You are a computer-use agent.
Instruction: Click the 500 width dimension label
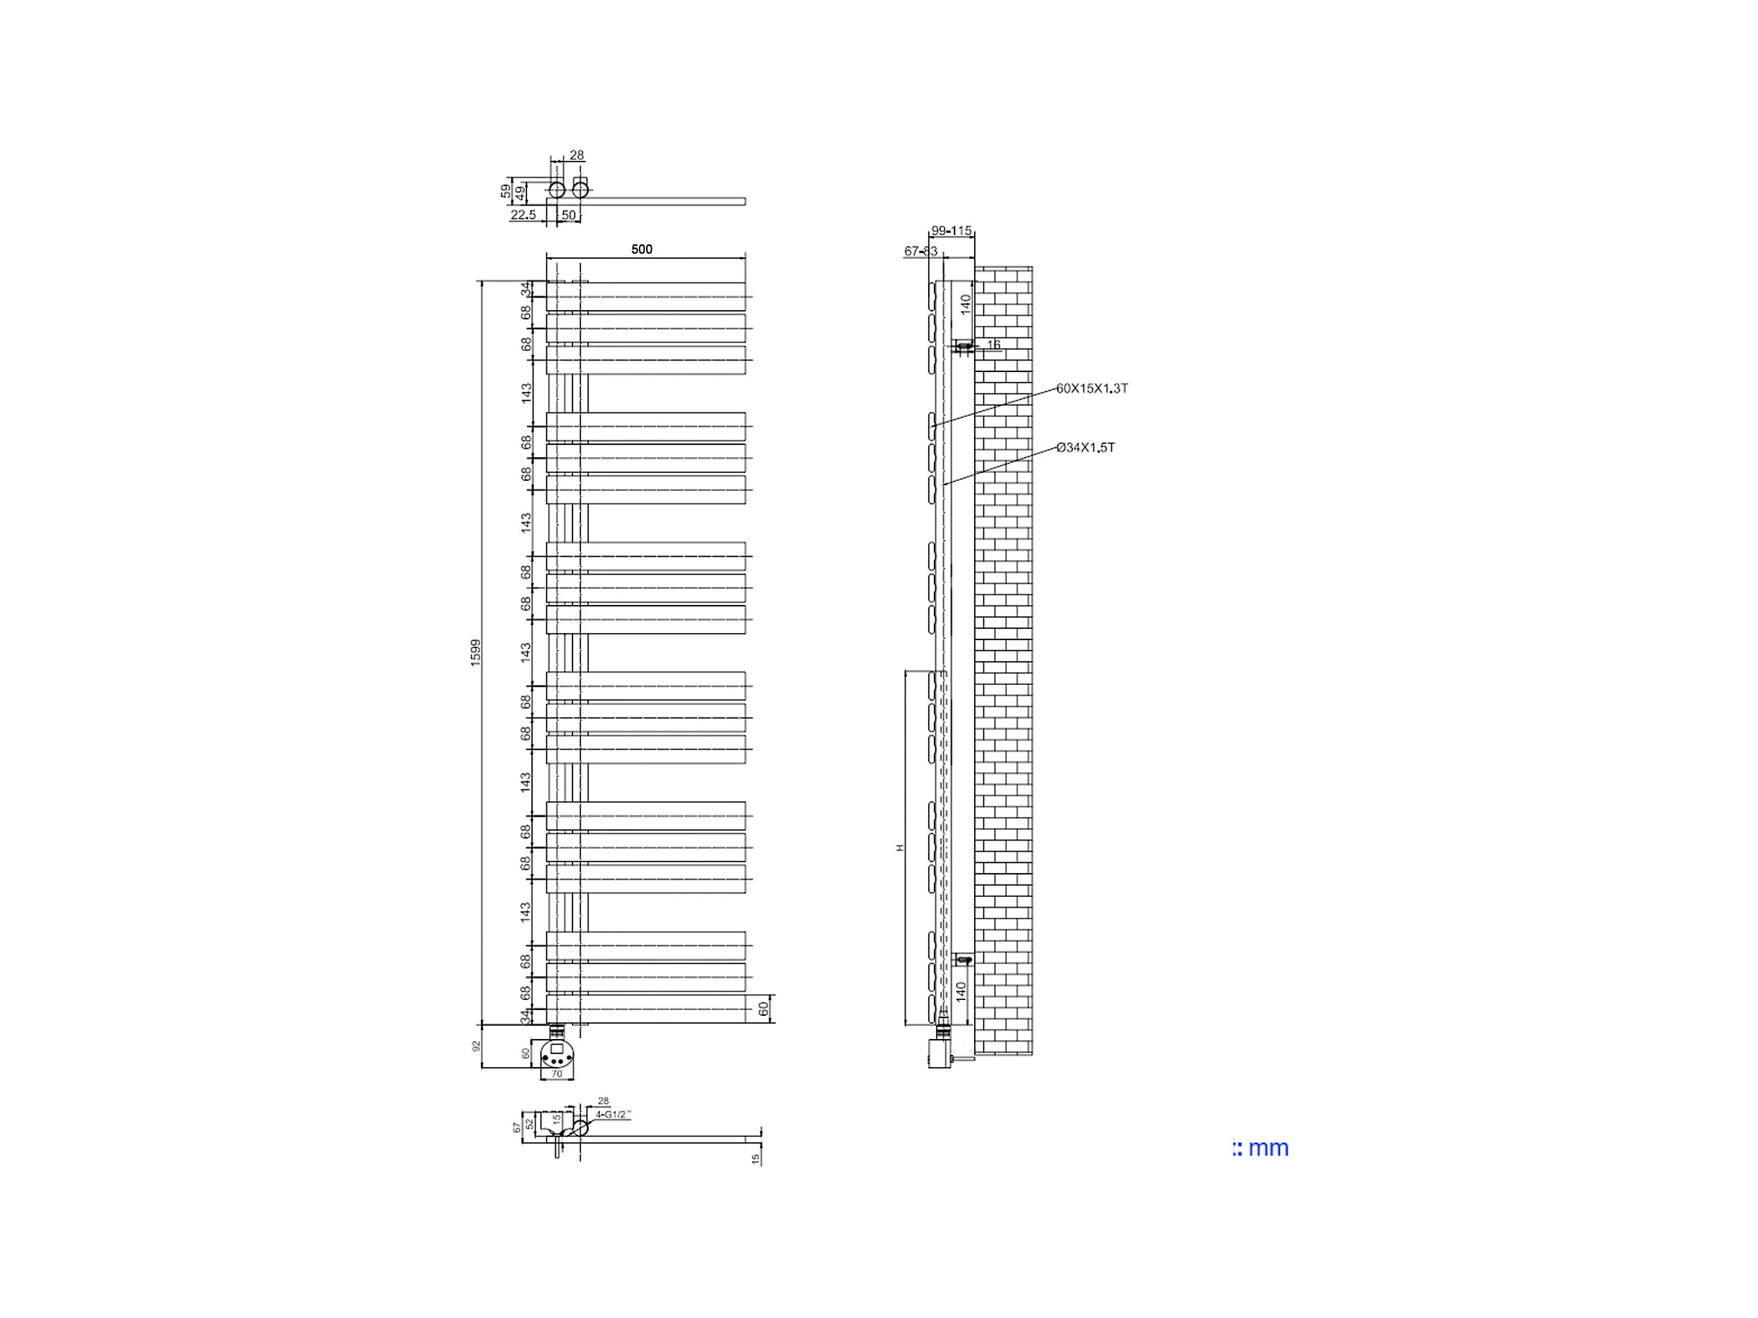pyautogui.click(x=641, y=249)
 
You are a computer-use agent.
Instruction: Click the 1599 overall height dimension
pyautogui.click(x=475, y=653)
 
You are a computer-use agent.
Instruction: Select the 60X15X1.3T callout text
pyautogui.click(x=1092, y=389)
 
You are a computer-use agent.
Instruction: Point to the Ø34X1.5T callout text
pyautogui.click(x=1086, y=448)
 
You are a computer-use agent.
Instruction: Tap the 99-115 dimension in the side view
pyautogui.click(x=951, y=231)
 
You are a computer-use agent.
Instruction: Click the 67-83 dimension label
pyautogui.click(x=920, y=252)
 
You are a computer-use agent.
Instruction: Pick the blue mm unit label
pyautogui.click(x=1261, y=1148)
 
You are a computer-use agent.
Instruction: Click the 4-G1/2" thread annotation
pyautogui.click(x=613, y=1115)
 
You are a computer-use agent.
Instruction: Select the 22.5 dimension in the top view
pyautogui.click(x=523, y=216)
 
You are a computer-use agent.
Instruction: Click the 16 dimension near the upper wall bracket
pyautogui.click(x=994, y=345)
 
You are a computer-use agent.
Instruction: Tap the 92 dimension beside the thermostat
pyautogui.click(x=477, y=1046)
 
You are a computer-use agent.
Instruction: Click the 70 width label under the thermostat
pyautogui.click(x=557, y=1074)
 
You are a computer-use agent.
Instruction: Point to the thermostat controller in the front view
pyautogui.click(x=557, y=1054)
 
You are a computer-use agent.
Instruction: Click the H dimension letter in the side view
pyautogui.click(x=901, y=848)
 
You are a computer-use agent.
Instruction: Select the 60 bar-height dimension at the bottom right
pyautogui.click(x=763, y=1009)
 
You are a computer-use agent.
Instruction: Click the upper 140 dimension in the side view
pyautogui.click(x=966, y=304)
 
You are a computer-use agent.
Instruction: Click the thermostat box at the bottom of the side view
pyautogui.click(x=940, y=1054)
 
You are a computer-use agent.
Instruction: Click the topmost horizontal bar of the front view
pyautogui.click(x=645, y=296)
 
